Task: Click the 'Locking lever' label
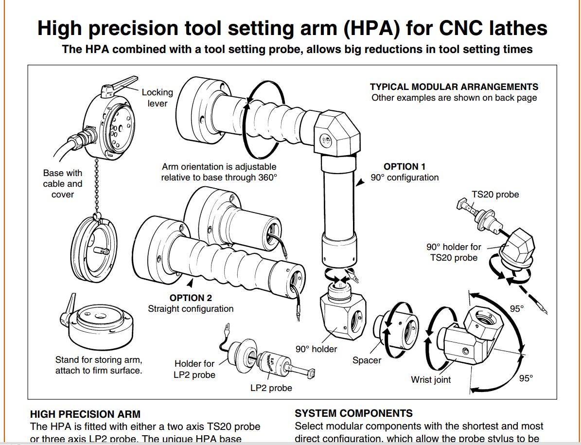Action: pyautogui.click(x=157, y=98)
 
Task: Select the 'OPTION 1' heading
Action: pyautogui.click(x=405, y=167)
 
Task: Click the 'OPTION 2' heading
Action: pyautogui.click(x=191, y=298)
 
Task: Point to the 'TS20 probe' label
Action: pyautogui.click(x=495, y=195)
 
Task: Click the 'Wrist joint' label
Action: pyautogui.click(x=431, y=380)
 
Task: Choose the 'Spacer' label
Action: pyautogui.click(x=367, y=360)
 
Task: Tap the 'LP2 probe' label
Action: pyautogui.click(x=271, y=388)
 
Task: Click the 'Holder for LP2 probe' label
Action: pyautogui.click(x=194, y=369)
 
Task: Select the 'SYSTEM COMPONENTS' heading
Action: pyautogui.click(x=353, y=413)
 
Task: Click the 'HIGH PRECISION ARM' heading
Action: pyautogui.click(x=85, y=414)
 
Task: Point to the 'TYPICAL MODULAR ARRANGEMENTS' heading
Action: pyautogui.click(x=454, y=87)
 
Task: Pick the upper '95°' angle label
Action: pyautogui.click(x=516, y=308)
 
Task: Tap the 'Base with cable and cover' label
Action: pyautogui.click(x=63, y=184)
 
